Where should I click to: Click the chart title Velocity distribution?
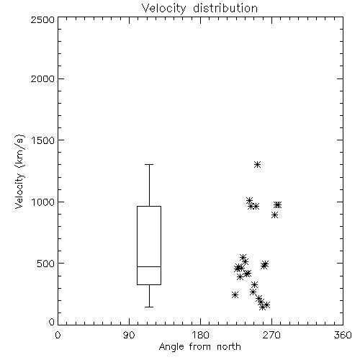coord(199,9)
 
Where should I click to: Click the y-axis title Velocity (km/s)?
coord(19,171)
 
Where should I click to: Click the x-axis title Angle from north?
coord(199,347)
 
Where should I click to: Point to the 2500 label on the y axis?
coord(42,19)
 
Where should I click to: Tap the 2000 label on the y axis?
coord(42,79)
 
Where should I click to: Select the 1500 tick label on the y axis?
coord(42,140)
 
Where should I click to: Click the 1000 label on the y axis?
coord(42,202)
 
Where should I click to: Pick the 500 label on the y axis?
coord(45,264)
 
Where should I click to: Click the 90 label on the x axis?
coord(129,335)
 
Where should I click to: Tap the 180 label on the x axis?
coord(200,335)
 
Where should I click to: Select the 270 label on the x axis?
coord(271,335)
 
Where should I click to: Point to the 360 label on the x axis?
coord(343,335)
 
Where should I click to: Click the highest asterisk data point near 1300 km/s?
coord(258,165)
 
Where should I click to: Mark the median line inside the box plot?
coord(149,266)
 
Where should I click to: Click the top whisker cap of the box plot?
coord(149,165)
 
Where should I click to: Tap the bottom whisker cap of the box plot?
coord(149,307)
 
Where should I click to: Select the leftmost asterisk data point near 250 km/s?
coord(235,294)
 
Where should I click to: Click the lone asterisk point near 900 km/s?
coord(275,215)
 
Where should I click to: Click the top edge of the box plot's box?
coord(149,206)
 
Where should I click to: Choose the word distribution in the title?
coord(225,9)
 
